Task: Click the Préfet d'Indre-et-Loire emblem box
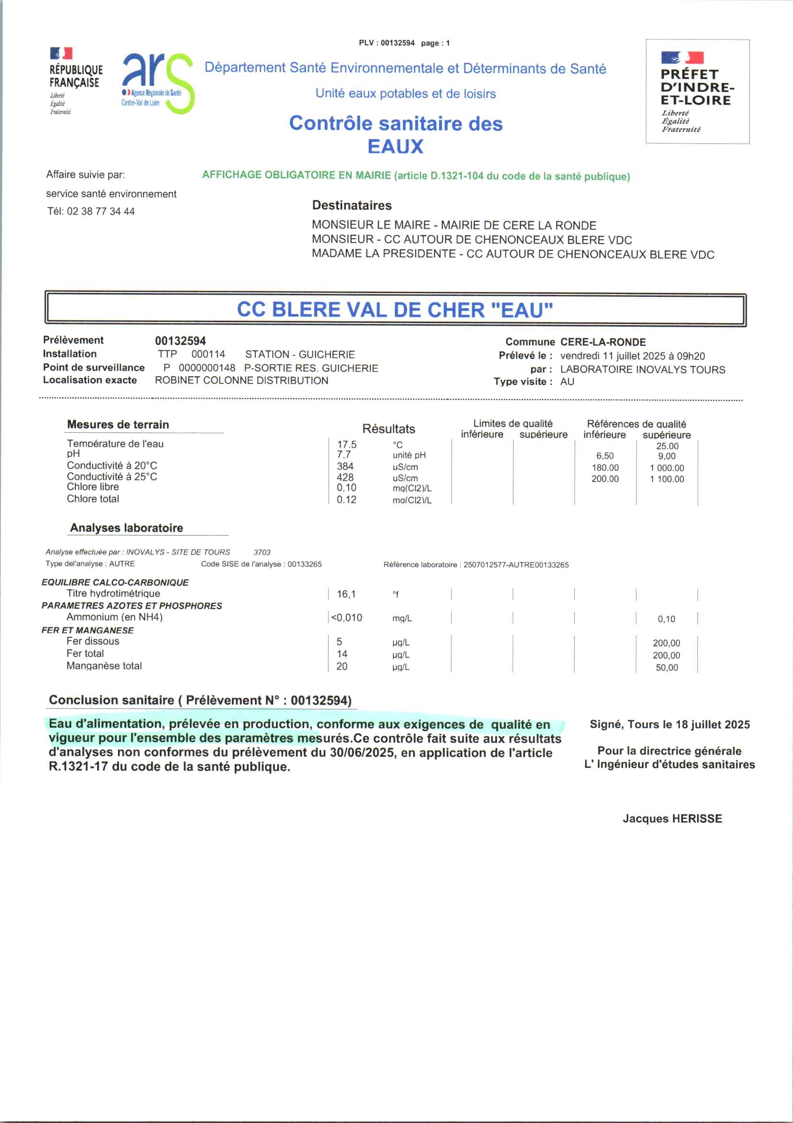pyautogui.click(x=697, y=92)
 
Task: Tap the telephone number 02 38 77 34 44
pyautogui.click(x=101, y=212)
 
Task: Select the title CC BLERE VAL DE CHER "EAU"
pyautogui.click(x=395, y=310)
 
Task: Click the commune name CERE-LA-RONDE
pyautogui.click(x=603, y=342)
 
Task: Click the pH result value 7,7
pyautogui.click(x=343, y=455)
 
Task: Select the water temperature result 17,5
pyautogui.click(x=346, y=444)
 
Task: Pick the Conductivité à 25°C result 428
pyautogui.click(x=345, y=477)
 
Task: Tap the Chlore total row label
pyautogui.click(x=93, y=499)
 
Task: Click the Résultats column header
pyautogui.click(x=388, y=429)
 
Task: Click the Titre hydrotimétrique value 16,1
pyautogui.click(x=346, y=594)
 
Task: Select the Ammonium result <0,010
pyautogui.click(x=346, y=618)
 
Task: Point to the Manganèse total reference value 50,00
pyautogui.click(x=667, y=668)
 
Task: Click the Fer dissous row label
pyautogui.click(x=93, y=641)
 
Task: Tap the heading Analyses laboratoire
pyautogui.click(x=126, y=528)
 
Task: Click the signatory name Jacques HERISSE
pyautogui.click(x=672, y=819)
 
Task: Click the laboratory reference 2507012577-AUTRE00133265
pyautogui.click(x=516, y=565)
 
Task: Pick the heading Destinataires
pyautogui.click(x=352, y=206)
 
